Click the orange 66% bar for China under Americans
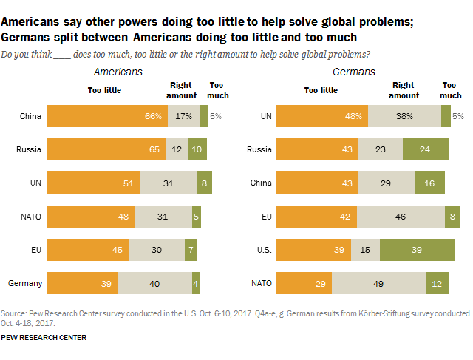click(x=106, y=116)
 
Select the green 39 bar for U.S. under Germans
click(x=417, y=250)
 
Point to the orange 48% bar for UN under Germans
click(x=321, y=116)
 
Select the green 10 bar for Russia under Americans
click(x=197, y=149)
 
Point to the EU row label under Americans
click(x=34, y=250)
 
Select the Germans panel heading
click(x=355, y=72)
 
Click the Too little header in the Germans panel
click(x=321, y=90)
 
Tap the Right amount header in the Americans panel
click(x=181, y=90)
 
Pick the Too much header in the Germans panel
click(x=451, y=90)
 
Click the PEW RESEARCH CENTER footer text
click(x=44, y=337)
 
